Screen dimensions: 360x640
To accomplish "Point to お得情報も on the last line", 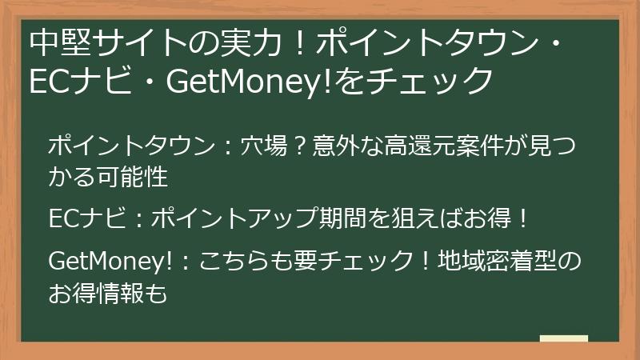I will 108,291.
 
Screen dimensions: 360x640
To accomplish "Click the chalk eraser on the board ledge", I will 563,338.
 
